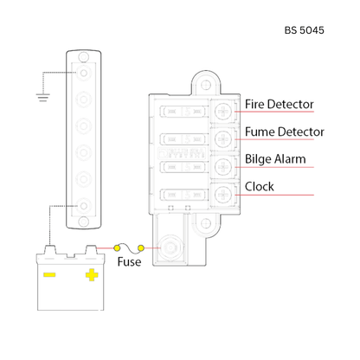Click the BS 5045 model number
305,30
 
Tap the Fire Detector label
279,104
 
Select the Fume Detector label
285,132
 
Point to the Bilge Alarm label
275,159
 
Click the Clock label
260,187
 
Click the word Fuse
129,262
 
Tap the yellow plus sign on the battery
92,275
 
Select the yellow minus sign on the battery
49,274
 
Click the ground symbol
42,98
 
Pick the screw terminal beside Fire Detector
223,112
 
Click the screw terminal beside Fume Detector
223,139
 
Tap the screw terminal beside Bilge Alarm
223,167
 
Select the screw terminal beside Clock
223,195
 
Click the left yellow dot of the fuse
117,247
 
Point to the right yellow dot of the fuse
141,247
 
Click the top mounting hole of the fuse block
205,85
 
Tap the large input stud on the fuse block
170,248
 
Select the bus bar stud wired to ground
84,73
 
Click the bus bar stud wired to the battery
84,206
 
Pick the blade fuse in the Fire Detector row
183,112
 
